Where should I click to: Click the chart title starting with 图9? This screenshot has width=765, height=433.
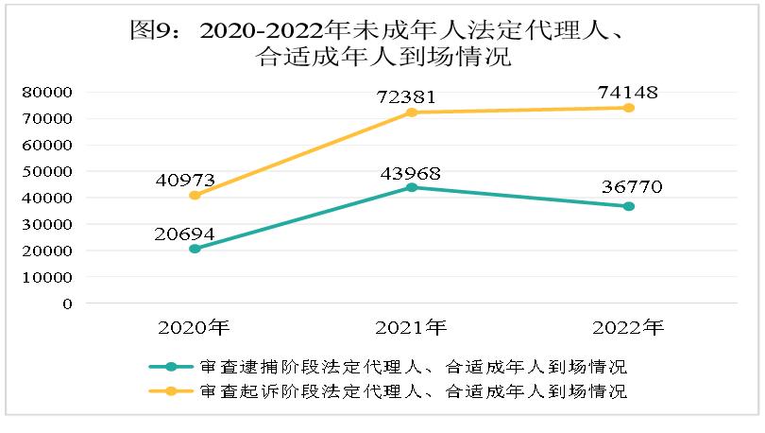pyautogui.click(x=382, y=43)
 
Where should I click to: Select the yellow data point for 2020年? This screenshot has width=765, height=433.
pyautogui.click(x=195, y=196)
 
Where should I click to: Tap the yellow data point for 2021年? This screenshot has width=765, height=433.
pyautogui.click(x=411, y=113)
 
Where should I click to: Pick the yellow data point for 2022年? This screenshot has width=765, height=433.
pyautogui.click(x=628, y=108)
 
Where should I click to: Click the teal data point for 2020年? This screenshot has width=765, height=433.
pyautogui.click(x=195, y=249)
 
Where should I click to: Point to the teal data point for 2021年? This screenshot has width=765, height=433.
pyautogui.click(x=411, y=187)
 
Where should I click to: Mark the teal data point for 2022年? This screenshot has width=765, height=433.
pyautogui.click(x=628, y=206)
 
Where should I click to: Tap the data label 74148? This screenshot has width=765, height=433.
pyautogui.click(x=627, y=92)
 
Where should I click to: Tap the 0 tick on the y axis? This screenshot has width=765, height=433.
pyautogui.click(x=67, y=304)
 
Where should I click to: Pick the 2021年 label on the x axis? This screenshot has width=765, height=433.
pyautogui.click(x=410, y=328)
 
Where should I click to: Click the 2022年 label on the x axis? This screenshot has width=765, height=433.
pyautogui.click(x=627, y=328)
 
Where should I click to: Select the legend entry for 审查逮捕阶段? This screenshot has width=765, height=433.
pyautogui.click(x=387, y=367)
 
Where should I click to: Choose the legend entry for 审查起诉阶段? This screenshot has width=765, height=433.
pyautogui.click(x=387, y=390)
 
